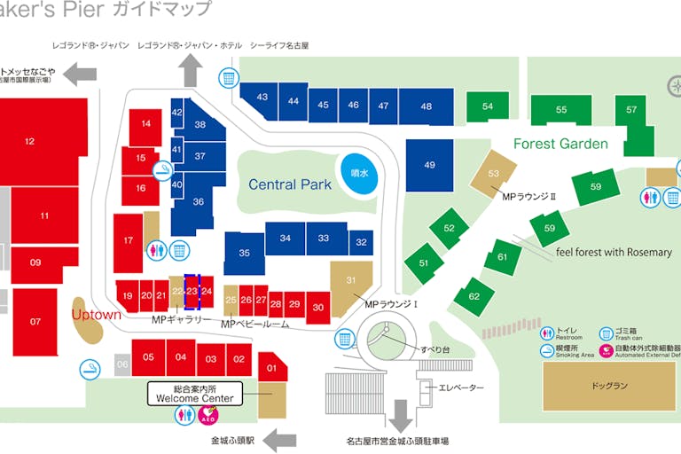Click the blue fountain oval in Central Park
pos(359,174)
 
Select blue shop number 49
pos(430,165)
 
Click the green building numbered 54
pos(488,107)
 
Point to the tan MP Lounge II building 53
pos(494,174)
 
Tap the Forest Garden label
pos(560,144)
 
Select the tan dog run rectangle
pos(609,386)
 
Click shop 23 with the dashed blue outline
pos(192,291)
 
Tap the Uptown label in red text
pos(96,315)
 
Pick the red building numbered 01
pos(271,367)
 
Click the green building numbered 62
pos(474,295)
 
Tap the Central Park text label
pos(290,184)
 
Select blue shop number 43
pos(262,98)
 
